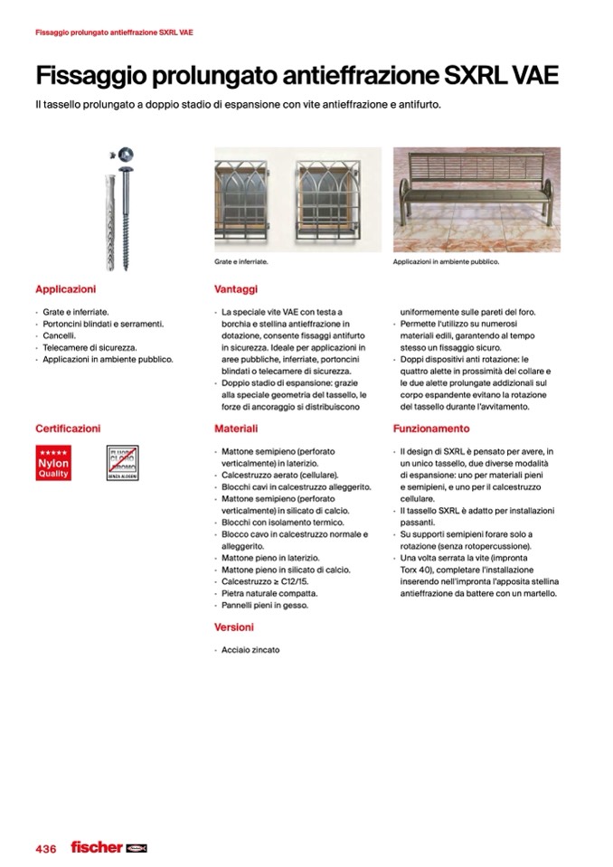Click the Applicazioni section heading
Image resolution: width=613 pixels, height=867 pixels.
coord(65,289)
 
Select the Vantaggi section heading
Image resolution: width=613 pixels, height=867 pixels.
coord(237,289)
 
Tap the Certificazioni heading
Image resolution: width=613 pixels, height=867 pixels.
coord(68,429)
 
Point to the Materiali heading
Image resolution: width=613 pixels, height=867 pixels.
coord(237,429)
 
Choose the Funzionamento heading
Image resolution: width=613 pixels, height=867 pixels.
coord(431,429)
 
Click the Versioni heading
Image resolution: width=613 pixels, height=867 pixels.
coord(234,627)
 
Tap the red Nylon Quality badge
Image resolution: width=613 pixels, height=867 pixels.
coord(53,463)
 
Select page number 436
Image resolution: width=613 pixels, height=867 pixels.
coord(46,848)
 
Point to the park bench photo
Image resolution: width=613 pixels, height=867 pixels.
coord(476,200)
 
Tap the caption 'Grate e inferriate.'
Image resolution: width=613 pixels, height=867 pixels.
coord(242,262)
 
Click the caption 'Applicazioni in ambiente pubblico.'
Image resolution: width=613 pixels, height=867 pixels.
coord(446,262)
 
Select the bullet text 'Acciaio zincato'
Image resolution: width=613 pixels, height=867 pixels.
coord(250,649)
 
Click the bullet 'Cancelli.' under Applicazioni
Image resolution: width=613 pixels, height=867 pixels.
coord(61,335)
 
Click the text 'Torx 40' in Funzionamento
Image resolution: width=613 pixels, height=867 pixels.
coord(416,570)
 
